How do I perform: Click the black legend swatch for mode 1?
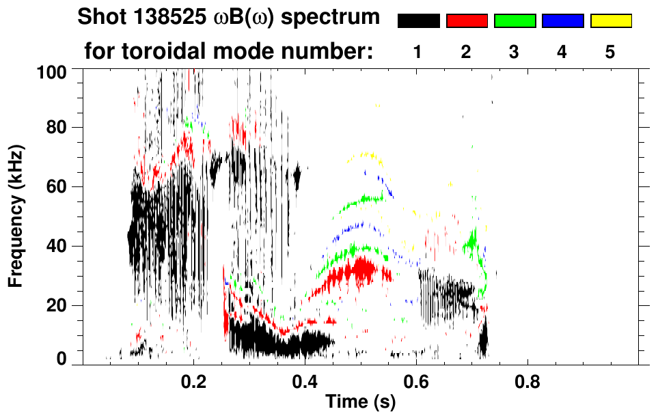[x=418, y=21]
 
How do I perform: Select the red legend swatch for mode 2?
[x=467, y=21]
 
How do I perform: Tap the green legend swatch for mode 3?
[x=515, y=21]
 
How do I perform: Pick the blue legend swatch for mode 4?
[x=562, y=21]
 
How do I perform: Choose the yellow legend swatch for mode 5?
[x=611, y=21]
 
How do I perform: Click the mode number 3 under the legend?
[x=515, y=53]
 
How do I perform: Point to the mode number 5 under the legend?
[x=611, y=53]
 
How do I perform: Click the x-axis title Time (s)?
[x=359, y=402]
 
